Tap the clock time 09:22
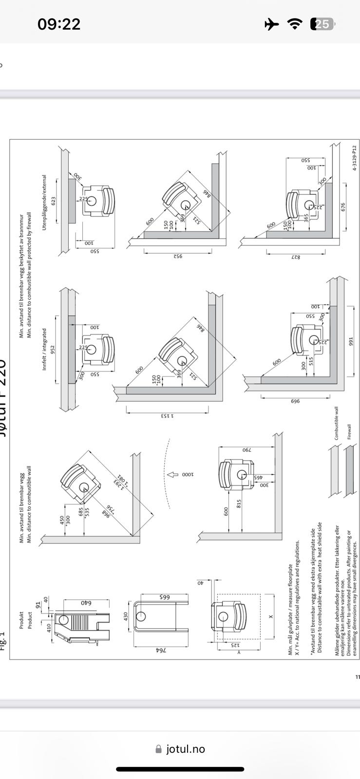[x=59, y=24]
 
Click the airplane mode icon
[x=271, y=24]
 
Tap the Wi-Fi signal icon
[x=295, y=24]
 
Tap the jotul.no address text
[x=186, y=749]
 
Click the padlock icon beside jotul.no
[x=158, y=749]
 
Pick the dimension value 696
[x=295, y=401]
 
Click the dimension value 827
[x=296, y=257]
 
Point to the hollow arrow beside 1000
[x=173, y=474]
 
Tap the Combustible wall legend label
[x=337, y=424]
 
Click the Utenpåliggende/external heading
[x=44, y=203]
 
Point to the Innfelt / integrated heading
[x=44, y=349]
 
